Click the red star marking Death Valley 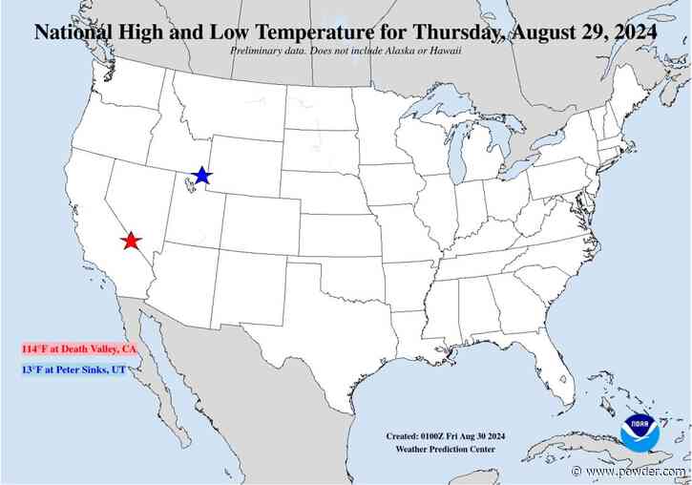[x=132, y=241]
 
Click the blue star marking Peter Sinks [x=201, y=176]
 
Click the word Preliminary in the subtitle [x=257, y=49]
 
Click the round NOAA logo [x=639, y=432]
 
